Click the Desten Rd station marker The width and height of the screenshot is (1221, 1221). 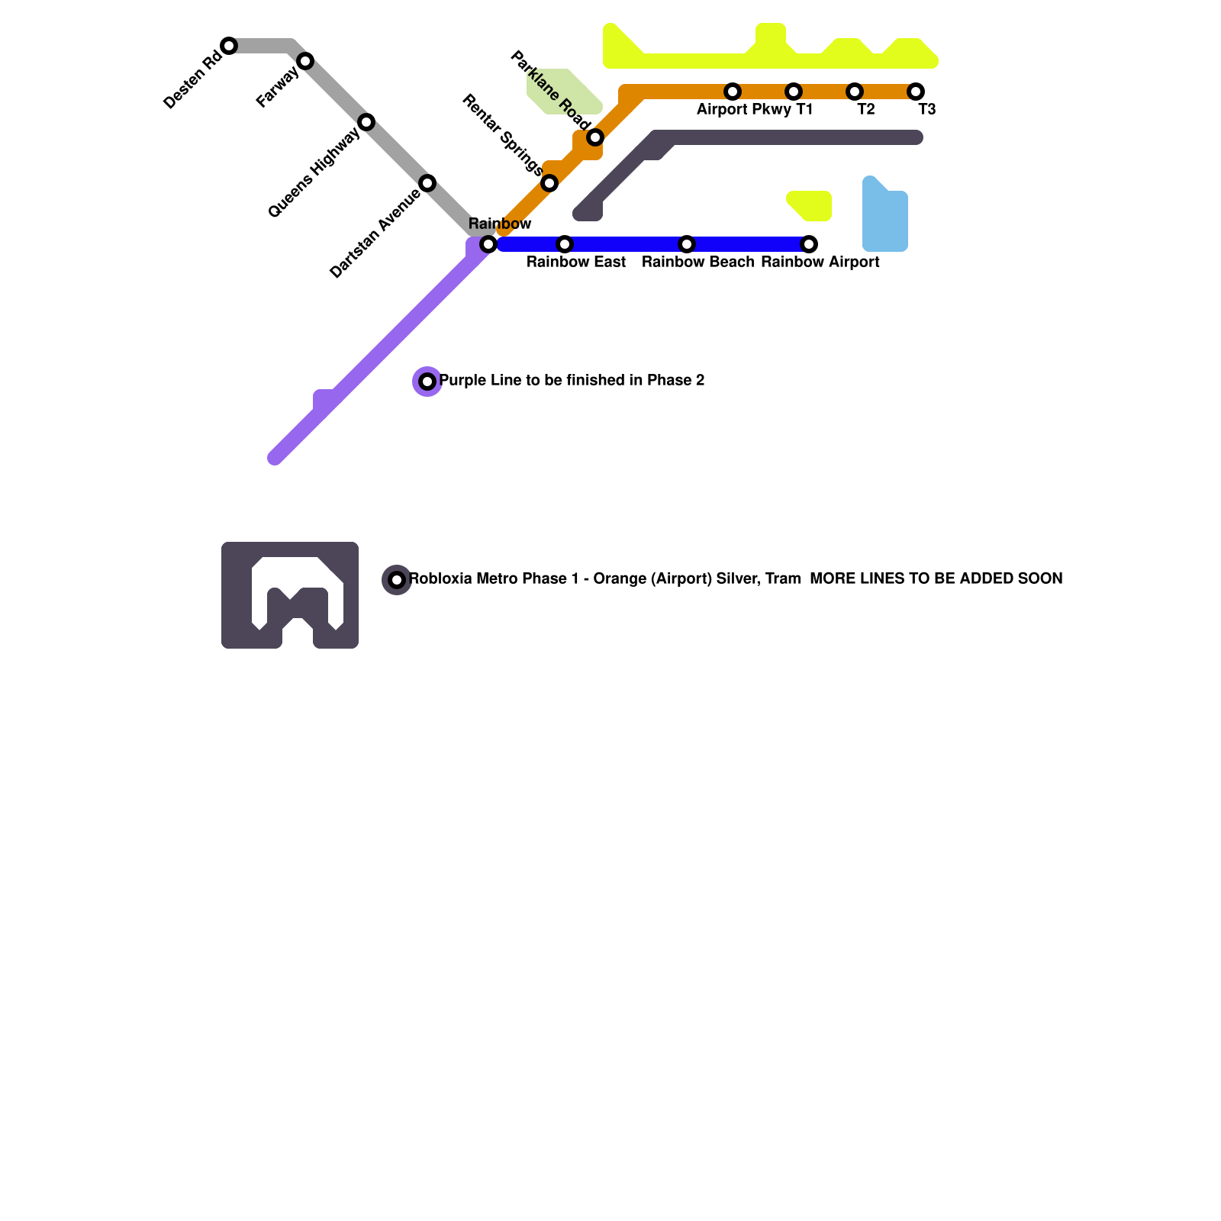[229, 46]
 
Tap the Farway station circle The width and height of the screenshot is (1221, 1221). [305, 61]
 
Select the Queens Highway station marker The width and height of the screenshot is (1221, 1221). [366, 122]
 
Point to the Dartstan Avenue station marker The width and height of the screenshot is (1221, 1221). [427, 183]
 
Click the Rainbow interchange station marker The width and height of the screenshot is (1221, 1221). [488, 244]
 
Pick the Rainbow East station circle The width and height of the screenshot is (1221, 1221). [565, 244]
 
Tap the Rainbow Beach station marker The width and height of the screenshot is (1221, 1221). [687, 244]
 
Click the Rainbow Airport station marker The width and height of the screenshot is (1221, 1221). [809, 244]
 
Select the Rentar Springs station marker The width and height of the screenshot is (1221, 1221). [549, 183]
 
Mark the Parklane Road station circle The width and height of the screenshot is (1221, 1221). [595, 137]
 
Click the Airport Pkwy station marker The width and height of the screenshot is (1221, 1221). [733, 92]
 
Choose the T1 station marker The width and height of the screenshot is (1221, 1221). [794, 92]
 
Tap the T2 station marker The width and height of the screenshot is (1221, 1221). [855, 92]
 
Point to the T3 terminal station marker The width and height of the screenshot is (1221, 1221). [916, 92]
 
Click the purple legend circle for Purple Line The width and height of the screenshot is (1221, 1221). [427, 382]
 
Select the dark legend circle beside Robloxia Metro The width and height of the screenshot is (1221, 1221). [397, 580]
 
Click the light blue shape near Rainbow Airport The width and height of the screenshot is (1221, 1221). [885, 221]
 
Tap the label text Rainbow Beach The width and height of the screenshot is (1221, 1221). [697, 263]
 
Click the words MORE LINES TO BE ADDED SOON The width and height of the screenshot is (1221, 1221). [936, 579]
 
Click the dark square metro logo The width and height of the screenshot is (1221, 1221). [290, 595]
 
